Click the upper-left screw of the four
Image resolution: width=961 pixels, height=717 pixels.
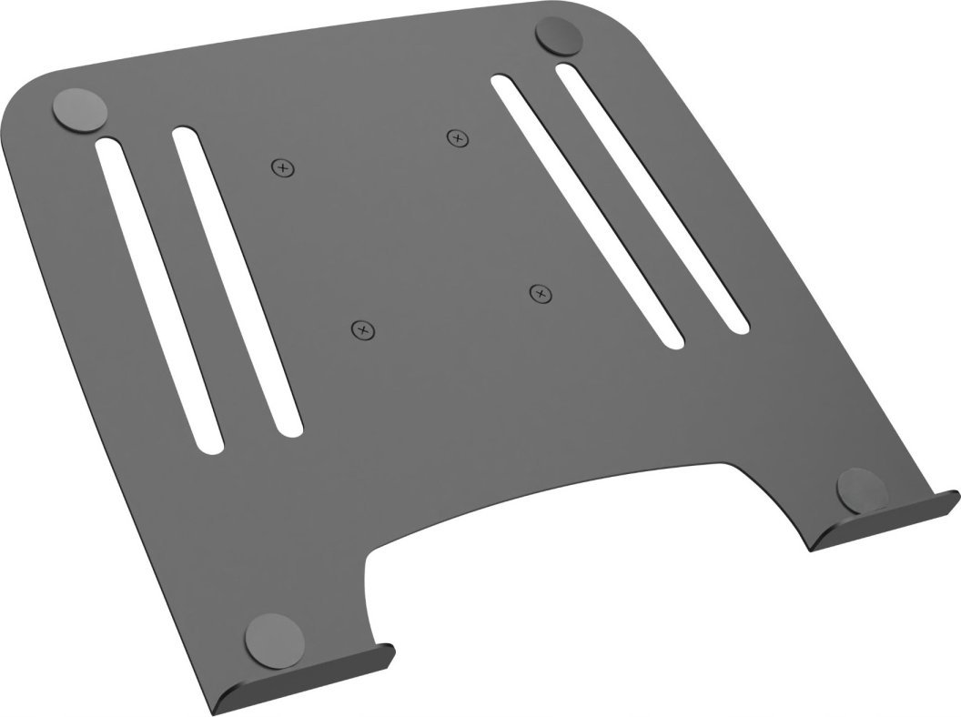click(284, 167)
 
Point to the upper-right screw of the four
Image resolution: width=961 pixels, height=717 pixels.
click(458, 138)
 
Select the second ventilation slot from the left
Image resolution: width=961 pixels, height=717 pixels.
click(237, 282)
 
